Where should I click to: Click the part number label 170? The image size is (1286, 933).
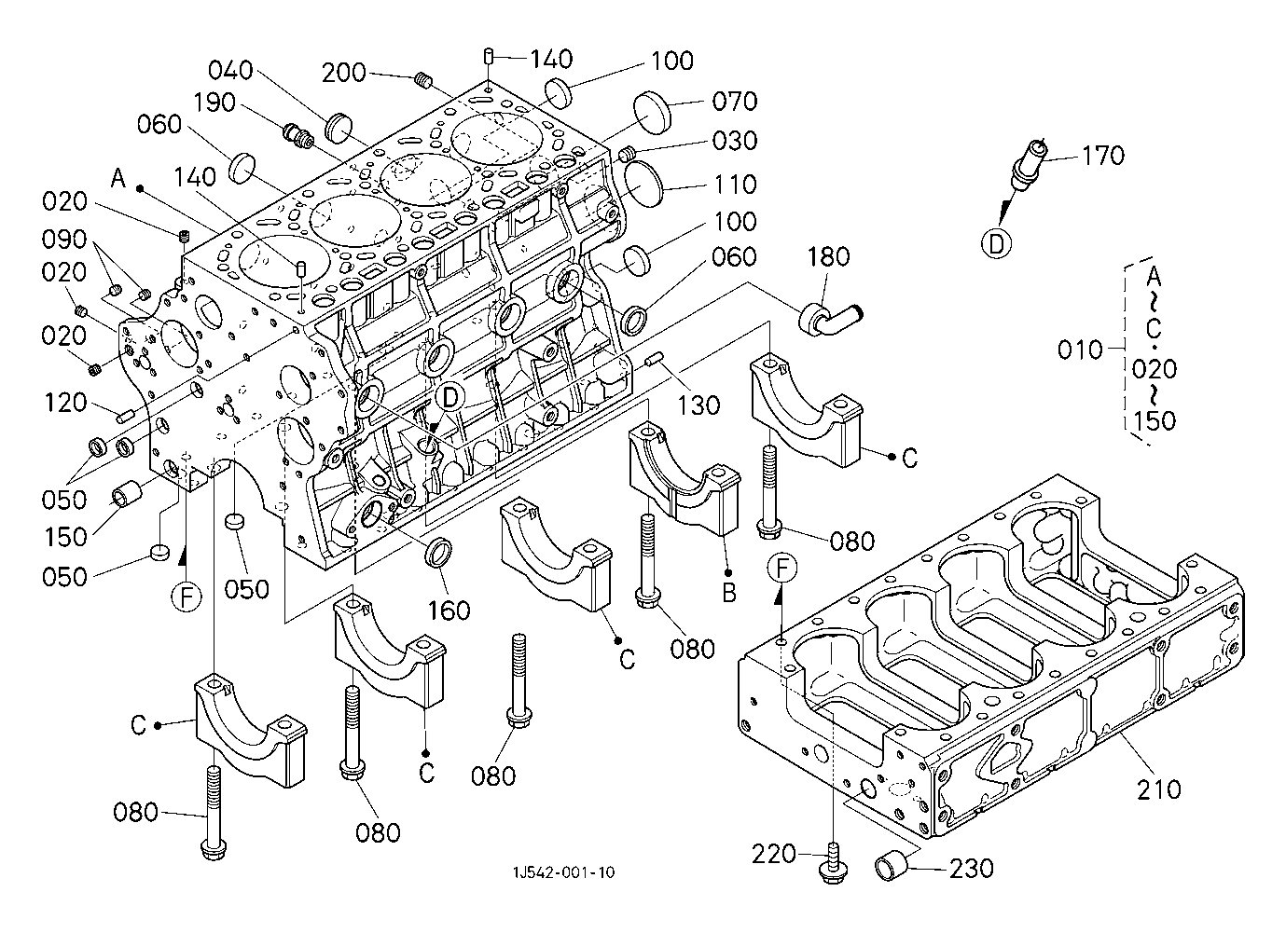point(1103,155)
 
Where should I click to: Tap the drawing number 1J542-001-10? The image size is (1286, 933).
point(562,872)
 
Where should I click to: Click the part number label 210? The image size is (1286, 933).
point(1159,789)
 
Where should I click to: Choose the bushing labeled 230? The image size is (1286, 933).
point(892,865)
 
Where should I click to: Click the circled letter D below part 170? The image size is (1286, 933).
point(997,244)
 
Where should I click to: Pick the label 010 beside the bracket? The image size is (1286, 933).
point(1080,350)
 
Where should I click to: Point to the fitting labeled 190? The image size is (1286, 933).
point(298,136)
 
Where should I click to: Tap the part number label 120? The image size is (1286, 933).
point(66,403)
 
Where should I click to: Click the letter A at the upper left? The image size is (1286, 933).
point(118,178)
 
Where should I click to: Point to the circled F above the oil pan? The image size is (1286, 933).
point(784,568)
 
